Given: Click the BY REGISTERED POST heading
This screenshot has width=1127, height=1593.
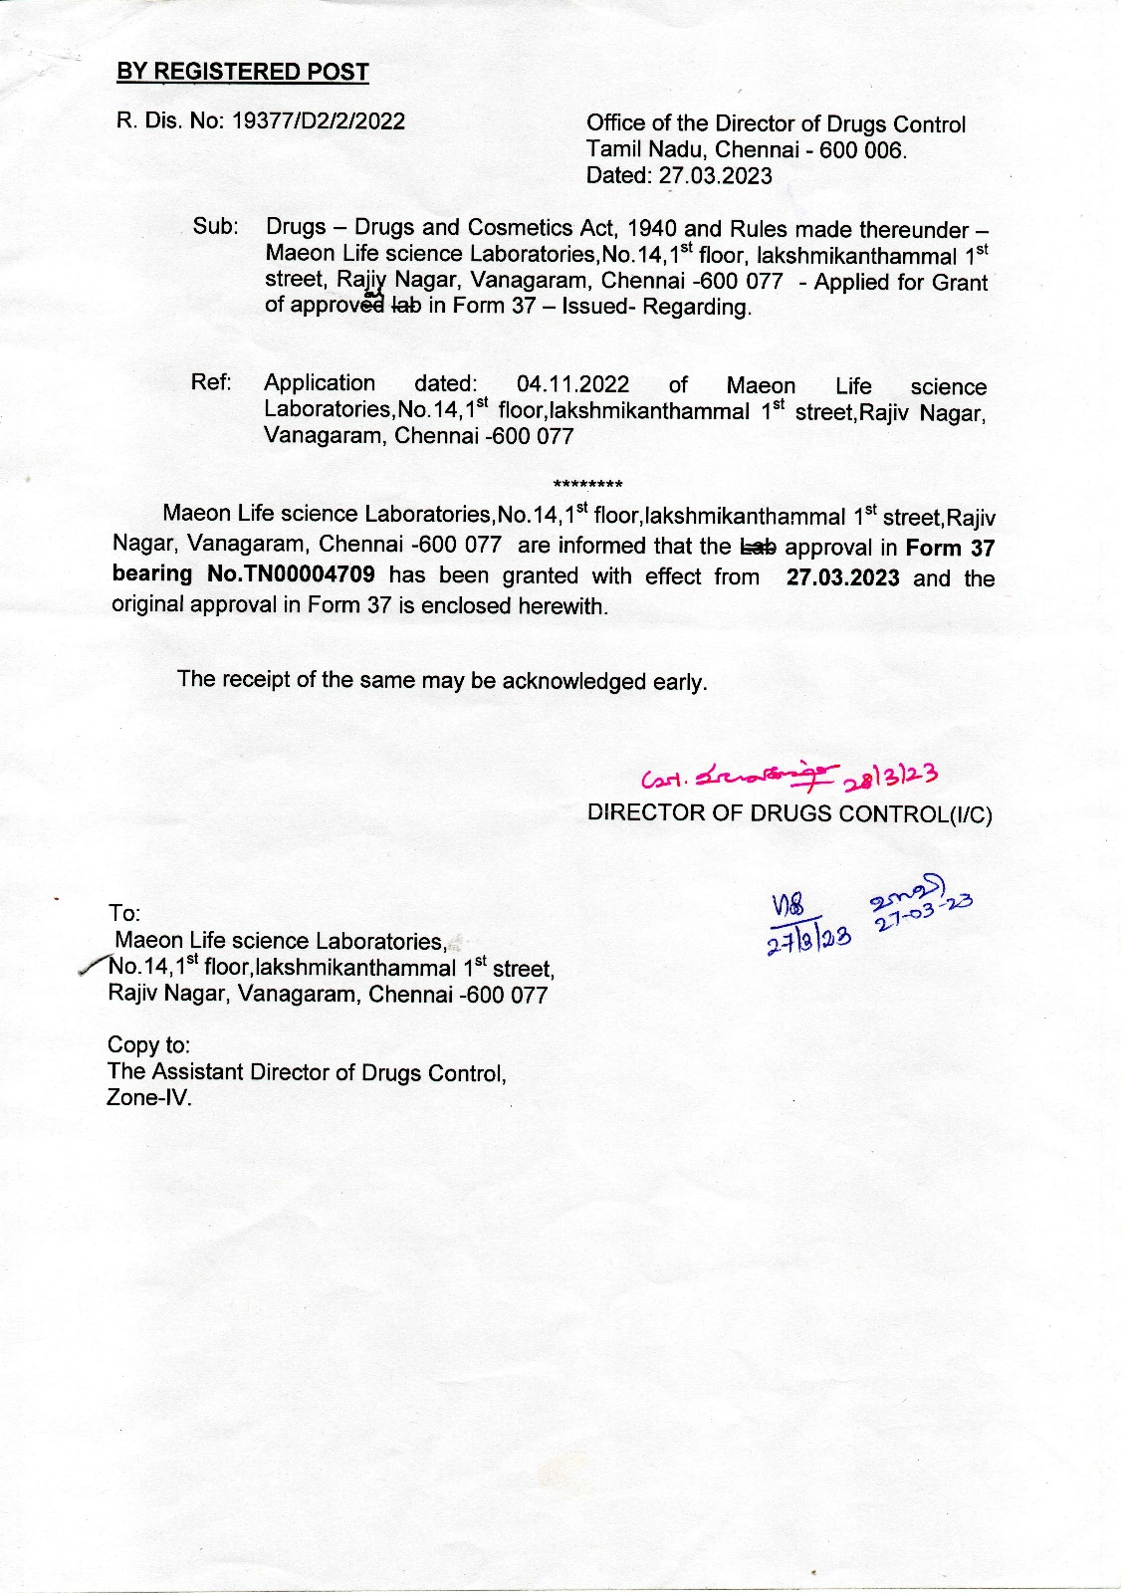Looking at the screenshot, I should coord(243,72).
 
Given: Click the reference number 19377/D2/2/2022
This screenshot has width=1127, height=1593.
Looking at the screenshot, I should coord(319,121).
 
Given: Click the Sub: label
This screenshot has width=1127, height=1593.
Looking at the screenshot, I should coord(215,226).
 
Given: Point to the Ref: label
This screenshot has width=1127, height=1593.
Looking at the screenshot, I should coord(211,382).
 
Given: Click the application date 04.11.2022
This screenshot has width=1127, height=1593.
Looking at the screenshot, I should coord(573,384).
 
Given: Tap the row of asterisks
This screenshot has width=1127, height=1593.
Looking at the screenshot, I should coord(587,486).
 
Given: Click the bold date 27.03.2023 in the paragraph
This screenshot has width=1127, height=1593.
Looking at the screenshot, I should coord(843,577).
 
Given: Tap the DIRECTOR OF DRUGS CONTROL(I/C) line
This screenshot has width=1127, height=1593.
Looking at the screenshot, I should coord(789,813).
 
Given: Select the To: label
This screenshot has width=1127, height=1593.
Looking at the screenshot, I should coord(124,913).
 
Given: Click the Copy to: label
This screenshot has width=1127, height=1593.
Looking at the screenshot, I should coord(148,1044).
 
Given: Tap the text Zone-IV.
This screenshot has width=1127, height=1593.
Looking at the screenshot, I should coord(149,1098).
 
